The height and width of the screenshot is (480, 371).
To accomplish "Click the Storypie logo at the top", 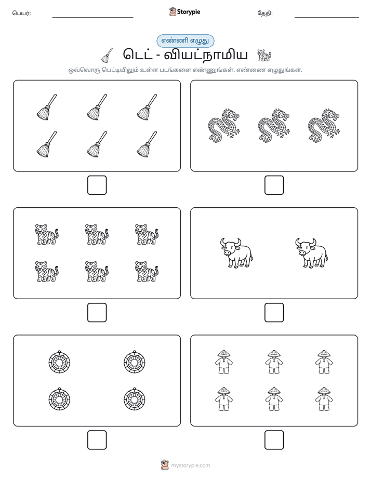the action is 184,11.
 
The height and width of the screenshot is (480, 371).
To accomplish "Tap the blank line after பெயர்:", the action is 92,17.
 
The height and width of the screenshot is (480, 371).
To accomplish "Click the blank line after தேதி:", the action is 327,17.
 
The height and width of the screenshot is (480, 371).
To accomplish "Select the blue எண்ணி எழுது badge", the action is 185,41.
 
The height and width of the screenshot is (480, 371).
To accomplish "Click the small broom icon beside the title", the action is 107,55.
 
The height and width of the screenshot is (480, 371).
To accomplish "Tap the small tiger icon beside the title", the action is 264,55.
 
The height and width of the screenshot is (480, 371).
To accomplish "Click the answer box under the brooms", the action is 97,185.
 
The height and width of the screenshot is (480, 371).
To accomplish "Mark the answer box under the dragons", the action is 274,185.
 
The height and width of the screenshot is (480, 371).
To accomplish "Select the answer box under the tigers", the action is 97,312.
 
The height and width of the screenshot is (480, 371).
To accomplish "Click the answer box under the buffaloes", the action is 274,312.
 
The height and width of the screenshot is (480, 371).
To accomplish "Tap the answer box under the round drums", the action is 97,439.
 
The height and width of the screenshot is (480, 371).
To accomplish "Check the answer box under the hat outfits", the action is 274,439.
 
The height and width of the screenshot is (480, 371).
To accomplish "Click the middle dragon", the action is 273,126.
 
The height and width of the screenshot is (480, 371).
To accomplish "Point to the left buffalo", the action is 236,253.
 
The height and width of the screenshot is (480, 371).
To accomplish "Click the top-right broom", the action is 147,107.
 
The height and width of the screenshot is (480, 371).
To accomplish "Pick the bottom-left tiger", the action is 47,271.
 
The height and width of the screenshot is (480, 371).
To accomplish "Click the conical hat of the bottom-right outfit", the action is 324,391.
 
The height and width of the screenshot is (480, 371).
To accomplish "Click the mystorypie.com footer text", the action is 190,465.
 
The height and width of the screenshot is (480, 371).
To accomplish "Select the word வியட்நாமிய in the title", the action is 206,55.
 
